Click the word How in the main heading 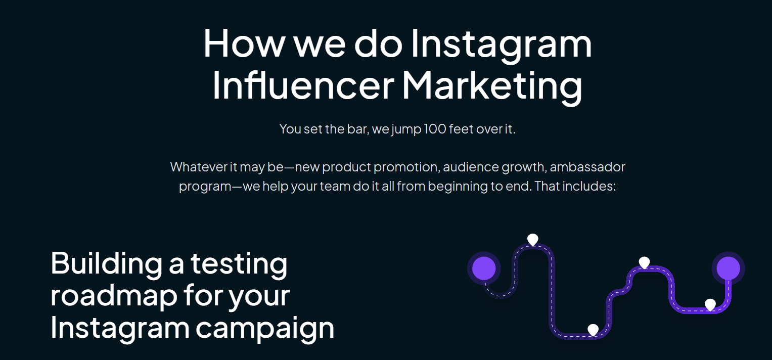pos(244,43)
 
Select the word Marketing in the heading pos(491,85)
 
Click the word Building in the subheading pos(106,263)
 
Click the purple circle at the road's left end pos(484,268)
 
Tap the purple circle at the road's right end pos(728,268)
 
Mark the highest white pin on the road pos(532,239)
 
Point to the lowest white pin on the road pos(593,330)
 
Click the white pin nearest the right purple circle pos(710,304)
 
